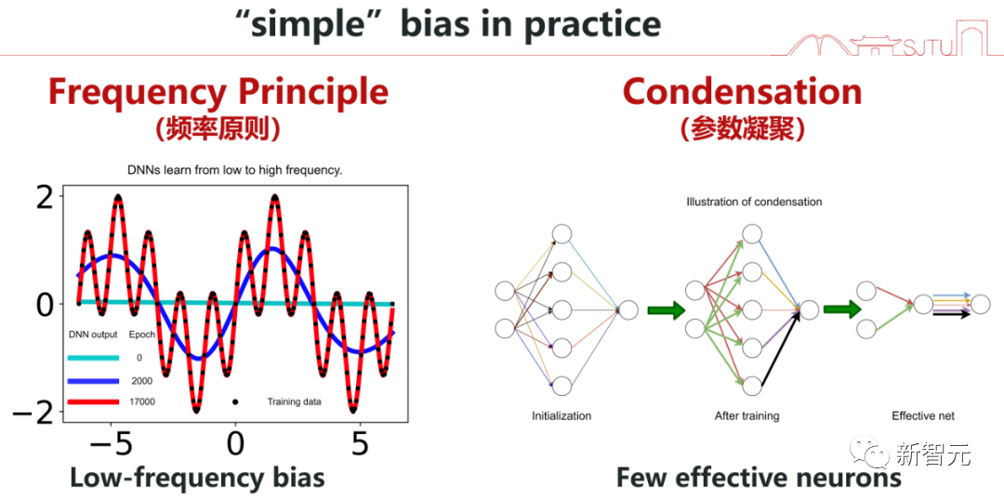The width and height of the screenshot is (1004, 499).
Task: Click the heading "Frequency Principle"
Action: point(218,92)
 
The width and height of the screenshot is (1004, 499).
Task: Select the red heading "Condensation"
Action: point(742,92)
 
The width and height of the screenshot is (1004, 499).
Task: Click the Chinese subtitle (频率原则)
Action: point(218,129)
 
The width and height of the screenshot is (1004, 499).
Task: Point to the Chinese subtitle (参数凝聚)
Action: point(742,129)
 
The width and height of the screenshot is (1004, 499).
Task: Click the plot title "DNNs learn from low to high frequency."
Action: point(234,171)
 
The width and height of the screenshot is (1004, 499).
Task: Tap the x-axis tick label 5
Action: point(361,443)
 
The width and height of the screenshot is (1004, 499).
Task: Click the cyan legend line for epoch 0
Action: point(93,357)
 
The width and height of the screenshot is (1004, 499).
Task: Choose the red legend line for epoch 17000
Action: point(93,401)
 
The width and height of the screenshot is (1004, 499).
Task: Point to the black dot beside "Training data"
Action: point(235,401)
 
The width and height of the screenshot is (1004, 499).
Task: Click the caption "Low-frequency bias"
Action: point(197,478)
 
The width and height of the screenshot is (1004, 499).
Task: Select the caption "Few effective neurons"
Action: point(759,478)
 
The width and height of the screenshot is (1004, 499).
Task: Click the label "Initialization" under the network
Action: point(561,415)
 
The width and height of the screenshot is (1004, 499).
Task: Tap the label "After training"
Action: point(746,415)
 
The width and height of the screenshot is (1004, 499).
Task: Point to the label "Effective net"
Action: point(923,415)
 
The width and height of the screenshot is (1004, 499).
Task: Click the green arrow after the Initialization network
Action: point(667,309)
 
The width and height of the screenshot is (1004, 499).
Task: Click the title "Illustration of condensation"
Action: point(754,202)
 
